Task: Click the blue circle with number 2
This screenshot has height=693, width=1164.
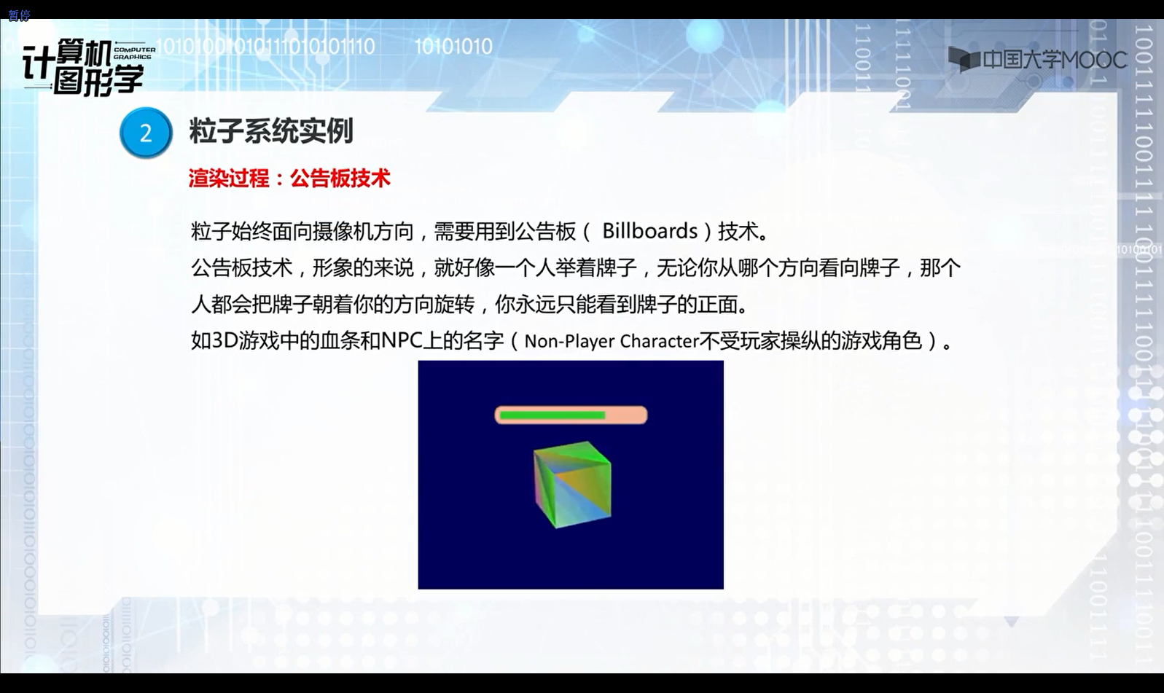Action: click(x=146, y=133)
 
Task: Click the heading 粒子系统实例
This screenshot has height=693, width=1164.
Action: click(x=271, y=131)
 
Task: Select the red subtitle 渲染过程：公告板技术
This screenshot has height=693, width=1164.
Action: click(x=289, y=179)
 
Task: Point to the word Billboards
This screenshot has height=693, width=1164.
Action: click(x=649, y=231)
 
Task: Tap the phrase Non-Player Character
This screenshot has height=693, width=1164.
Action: click(x=612, y=341)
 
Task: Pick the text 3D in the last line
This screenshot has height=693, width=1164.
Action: click(x=224, y=341)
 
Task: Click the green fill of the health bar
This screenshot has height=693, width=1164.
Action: click(x=552, y=415)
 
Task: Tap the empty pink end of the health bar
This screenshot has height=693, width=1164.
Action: click(x=625, y=415)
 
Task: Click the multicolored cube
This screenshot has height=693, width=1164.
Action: click(x=572, y=484)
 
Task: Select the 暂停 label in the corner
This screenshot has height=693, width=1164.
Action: click(x=19, y=15)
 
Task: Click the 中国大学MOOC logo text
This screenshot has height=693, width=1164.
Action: click(x=1055, y=60)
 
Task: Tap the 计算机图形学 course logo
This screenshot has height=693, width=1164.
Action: click(x=83, y=68)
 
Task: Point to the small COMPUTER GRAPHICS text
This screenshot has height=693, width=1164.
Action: click(x=135, y=53)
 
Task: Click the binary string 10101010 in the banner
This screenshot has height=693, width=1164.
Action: click(x=453, y=47)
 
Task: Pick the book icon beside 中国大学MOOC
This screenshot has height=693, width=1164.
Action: click(x=964, y=59)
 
